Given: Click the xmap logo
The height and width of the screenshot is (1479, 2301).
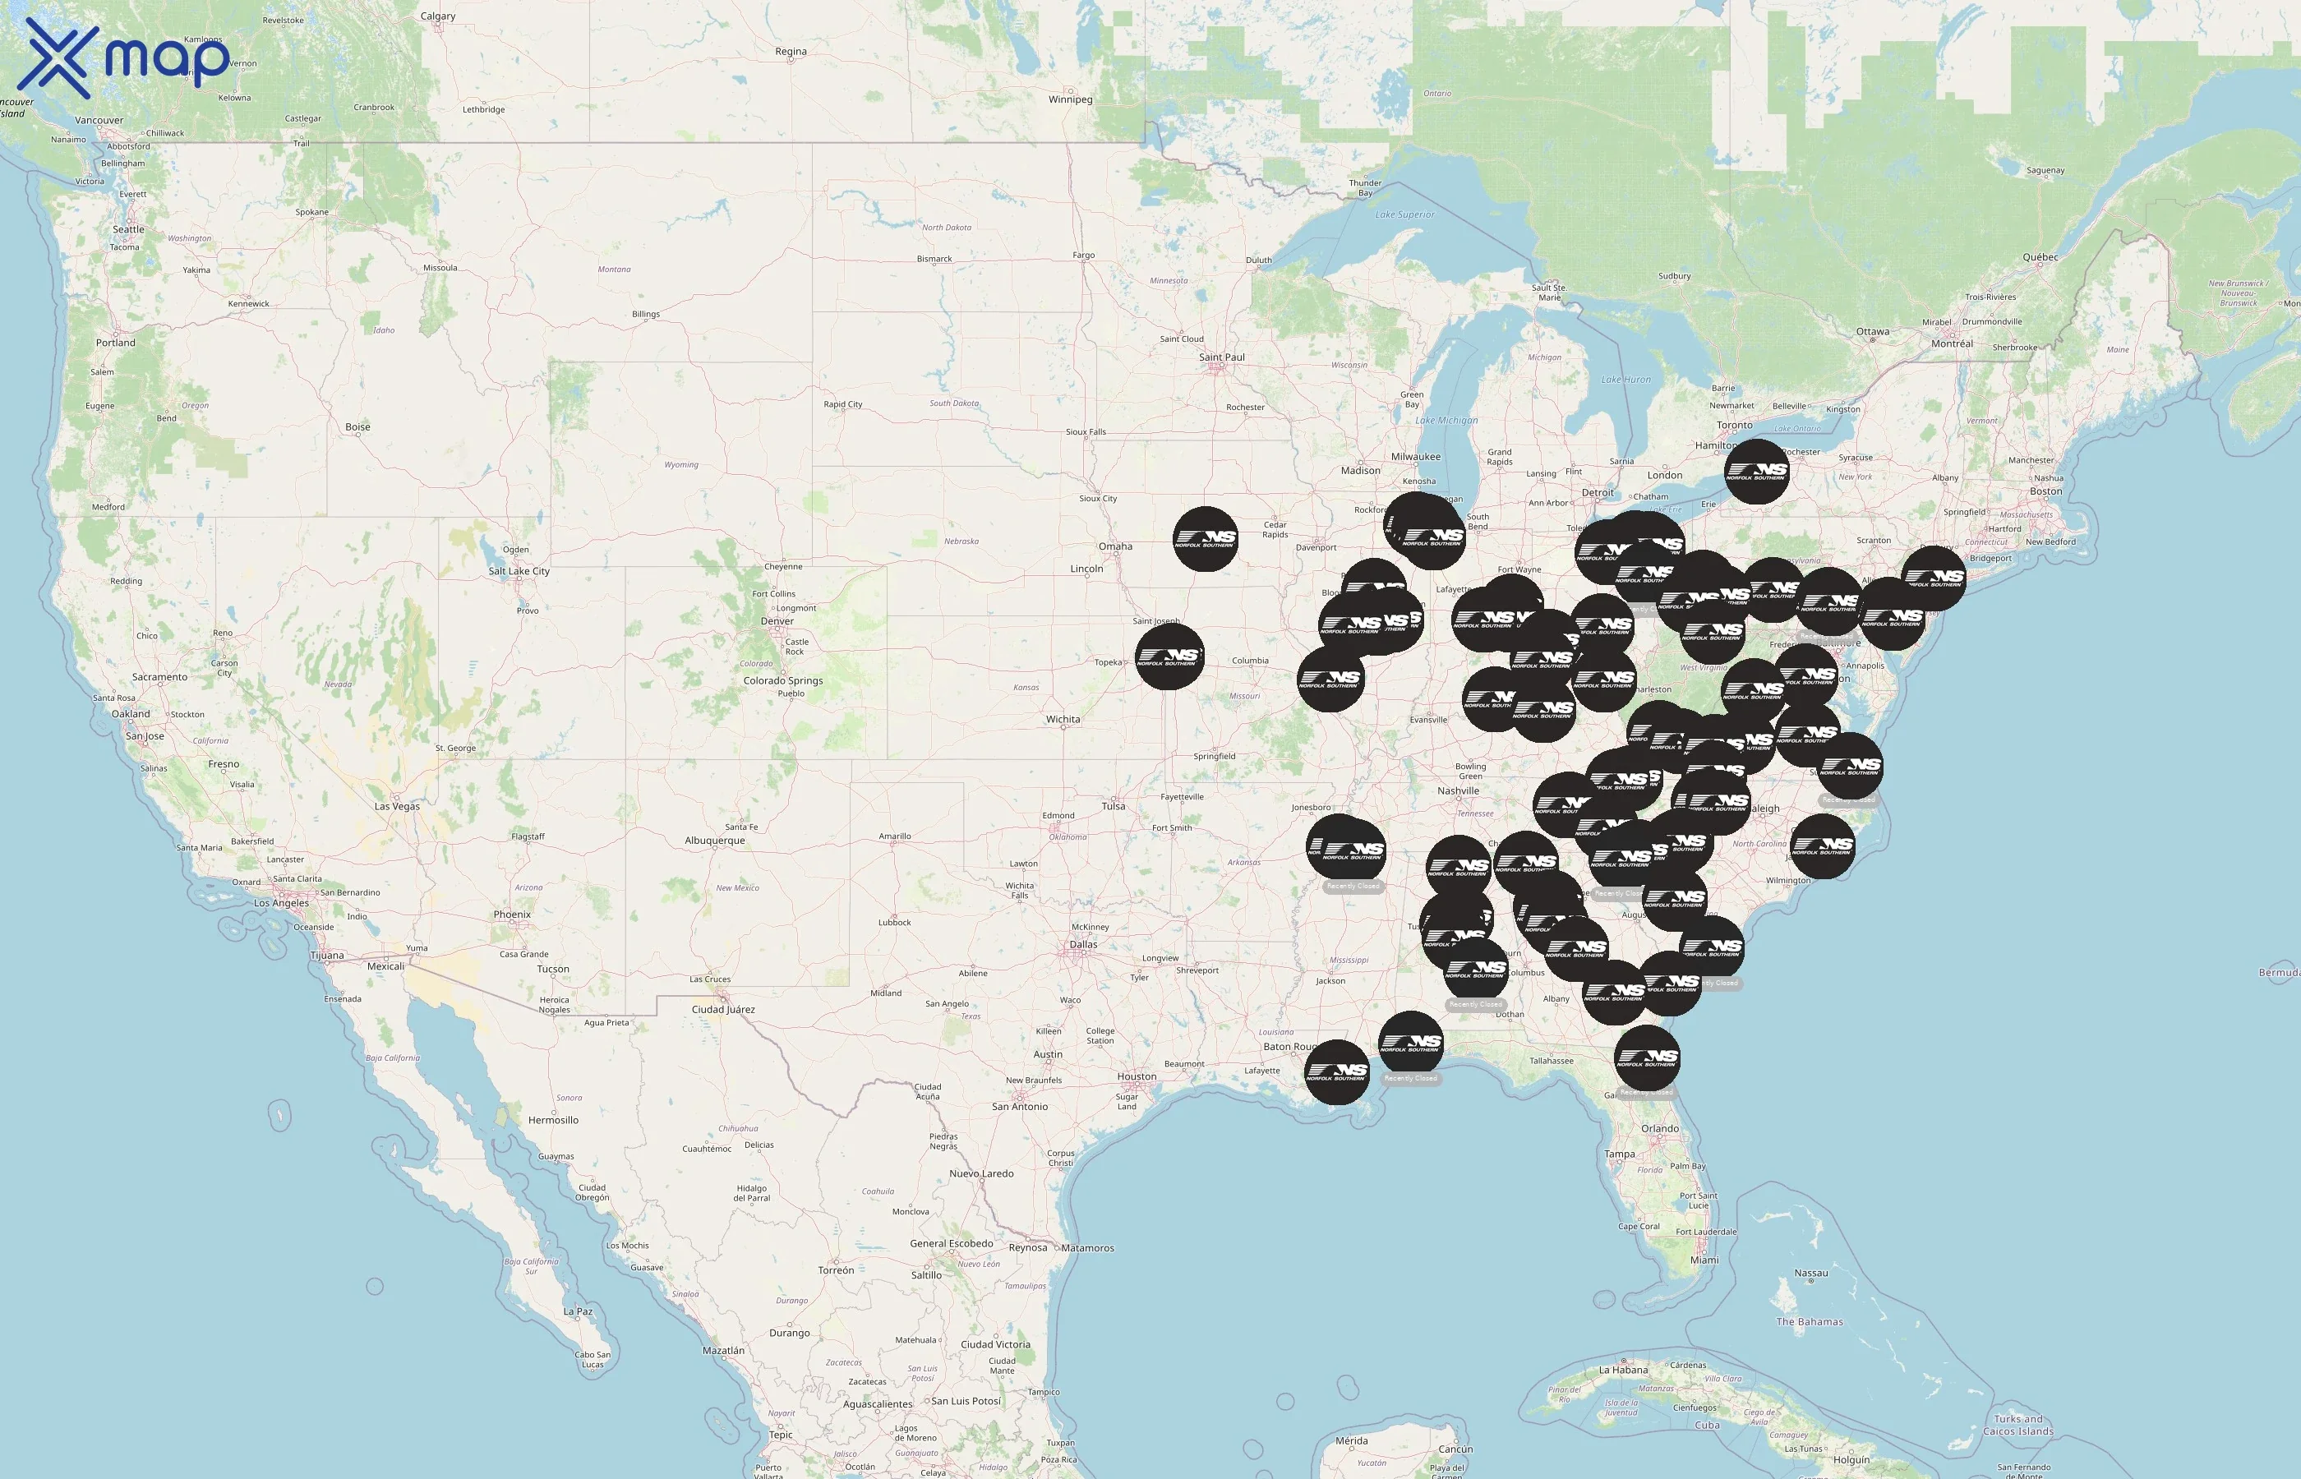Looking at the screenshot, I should pos(125,58).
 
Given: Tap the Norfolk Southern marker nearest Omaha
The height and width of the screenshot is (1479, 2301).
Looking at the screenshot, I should pos(1206,539).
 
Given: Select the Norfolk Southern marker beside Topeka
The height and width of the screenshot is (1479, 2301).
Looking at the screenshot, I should pos(1169,657).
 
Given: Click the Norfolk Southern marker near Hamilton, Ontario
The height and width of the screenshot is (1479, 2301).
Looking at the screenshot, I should pos(1756,472).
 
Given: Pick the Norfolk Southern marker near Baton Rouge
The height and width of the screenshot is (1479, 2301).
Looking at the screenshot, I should pos(1337,1071).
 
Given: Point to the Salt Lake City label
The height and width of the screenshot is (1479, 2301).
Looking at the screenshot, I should pos(519,571).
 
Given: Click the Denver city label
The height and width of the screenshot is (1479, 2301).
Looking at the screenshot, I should pos(777,621).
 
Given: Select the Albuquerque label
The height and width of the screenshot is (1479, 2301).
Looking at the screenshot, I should pos(714,841).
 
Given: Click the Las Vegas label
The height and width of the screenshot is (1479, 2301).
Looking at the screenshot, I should pos(397,807).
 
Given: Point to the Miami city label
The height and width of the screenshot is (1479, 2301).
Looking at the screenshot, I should pos(1704,1260).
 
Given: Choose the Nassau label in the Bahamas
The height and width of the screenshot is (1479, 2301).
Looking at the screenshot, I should pos(1811,1274).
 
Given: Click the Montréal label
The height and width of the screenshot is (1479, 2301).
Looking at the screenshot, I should pos(1953,343).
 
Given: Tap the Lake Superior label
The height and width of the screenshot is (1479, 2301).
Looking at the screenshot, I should pos(1404,215).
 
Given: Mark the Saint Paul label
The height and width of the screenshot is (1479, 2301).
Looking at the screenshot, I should pos(1221,357).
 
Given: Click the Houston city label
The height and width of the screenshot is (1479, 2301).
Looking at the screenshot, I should pos(1137,1076).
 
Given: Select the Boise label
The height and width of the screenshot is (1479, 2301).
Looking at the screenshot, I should pos(357,427).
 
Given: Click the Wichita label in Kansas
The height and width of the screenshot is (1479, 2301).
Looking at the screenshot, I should pos(1063,719).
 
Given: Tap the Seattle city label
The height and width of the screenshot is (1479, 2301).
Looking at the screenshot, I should pos(129,229).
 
